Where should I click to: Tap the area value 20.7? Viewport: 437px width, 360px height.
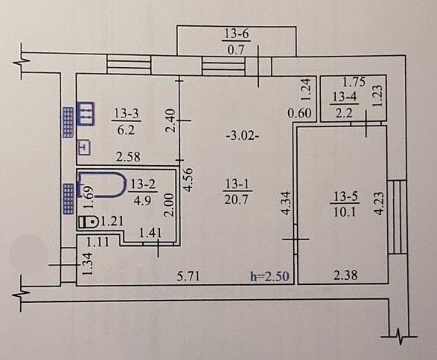pos(236,199)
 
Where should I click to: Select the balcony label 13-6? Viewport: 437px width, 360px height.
pos(236,34)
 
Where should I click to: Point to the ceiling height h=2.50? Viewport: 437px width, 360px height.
pos(269,277)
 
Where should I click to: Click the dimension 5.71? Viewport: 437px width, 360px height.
pos(188,277)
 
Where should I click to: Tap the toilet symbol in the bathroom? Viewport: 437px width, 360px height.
pos(88,222)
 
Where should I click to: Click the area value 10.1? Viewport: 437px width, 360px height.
pos(345,213)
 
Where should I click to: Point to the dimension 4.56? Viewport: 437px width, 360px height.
pos(188,179)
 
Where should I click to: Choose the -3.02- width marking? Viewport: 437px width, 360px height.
pos(243,136)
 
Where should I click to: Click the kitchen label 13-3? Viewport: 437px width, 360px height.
pos(127,114)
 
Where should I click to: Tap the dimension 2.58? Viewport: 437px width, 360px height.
pos(128,157)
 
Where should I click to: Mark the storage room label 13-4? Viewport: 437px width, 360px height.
pos(345,97)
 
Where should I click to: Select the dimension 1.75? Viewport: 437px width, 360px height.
pos(354,82)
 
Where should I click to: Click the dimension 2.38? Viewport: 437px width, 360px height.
pos(345,275)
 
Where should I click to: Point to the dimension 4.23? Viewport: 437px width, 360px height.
pos(380,203)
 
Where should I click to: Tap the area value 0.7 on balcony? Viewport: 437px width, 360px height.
pos(236,50)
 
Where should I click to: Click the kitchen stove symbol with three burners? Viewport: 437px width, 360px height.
pos(86,113)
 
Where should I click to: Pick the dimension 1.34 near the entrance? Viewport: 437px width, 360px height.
pos(87,264)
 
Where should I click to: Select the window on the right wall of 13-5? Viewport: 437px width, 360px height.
pos(397,217)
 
